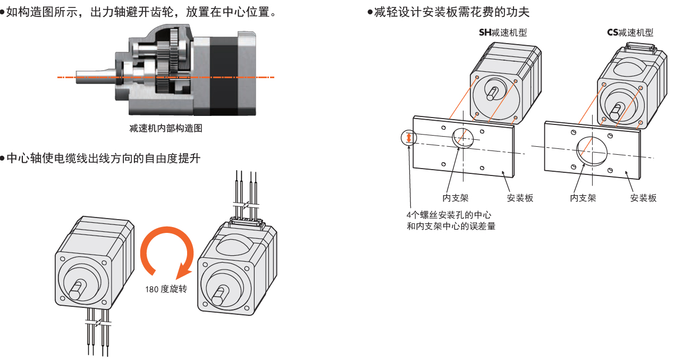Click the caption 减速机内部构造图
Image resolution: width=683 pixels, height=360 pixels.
(x=166, y=128)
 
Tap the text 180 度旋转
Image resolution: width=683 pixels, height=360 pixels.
(x=166, y=290)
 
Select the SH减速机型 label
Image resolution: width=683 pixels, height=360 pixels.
(x=503, y=32)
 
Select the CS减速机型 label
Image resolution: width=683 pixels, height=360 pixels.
(x=630, y=32)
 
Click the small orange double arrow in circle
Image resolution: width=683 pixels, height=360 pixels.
(x=408, y=138)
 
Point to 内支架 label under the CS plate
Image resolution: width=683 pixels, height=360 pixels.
(x=583, y=198)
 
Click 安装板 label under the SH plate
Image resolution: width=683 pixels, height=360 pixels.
(x=520, y=198)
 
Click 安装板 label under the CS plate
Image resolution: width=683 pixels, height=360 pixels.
(x=643, y=198)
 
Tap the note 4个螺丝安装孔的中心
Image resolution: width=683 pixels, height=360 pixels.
(x=448, y=215)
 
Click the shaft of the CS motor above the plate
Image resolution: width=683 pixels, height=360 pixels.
(x=615, y=111)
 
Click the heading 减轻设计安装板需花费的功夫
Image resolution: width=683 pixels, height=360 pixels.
(x=451, y=12)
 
